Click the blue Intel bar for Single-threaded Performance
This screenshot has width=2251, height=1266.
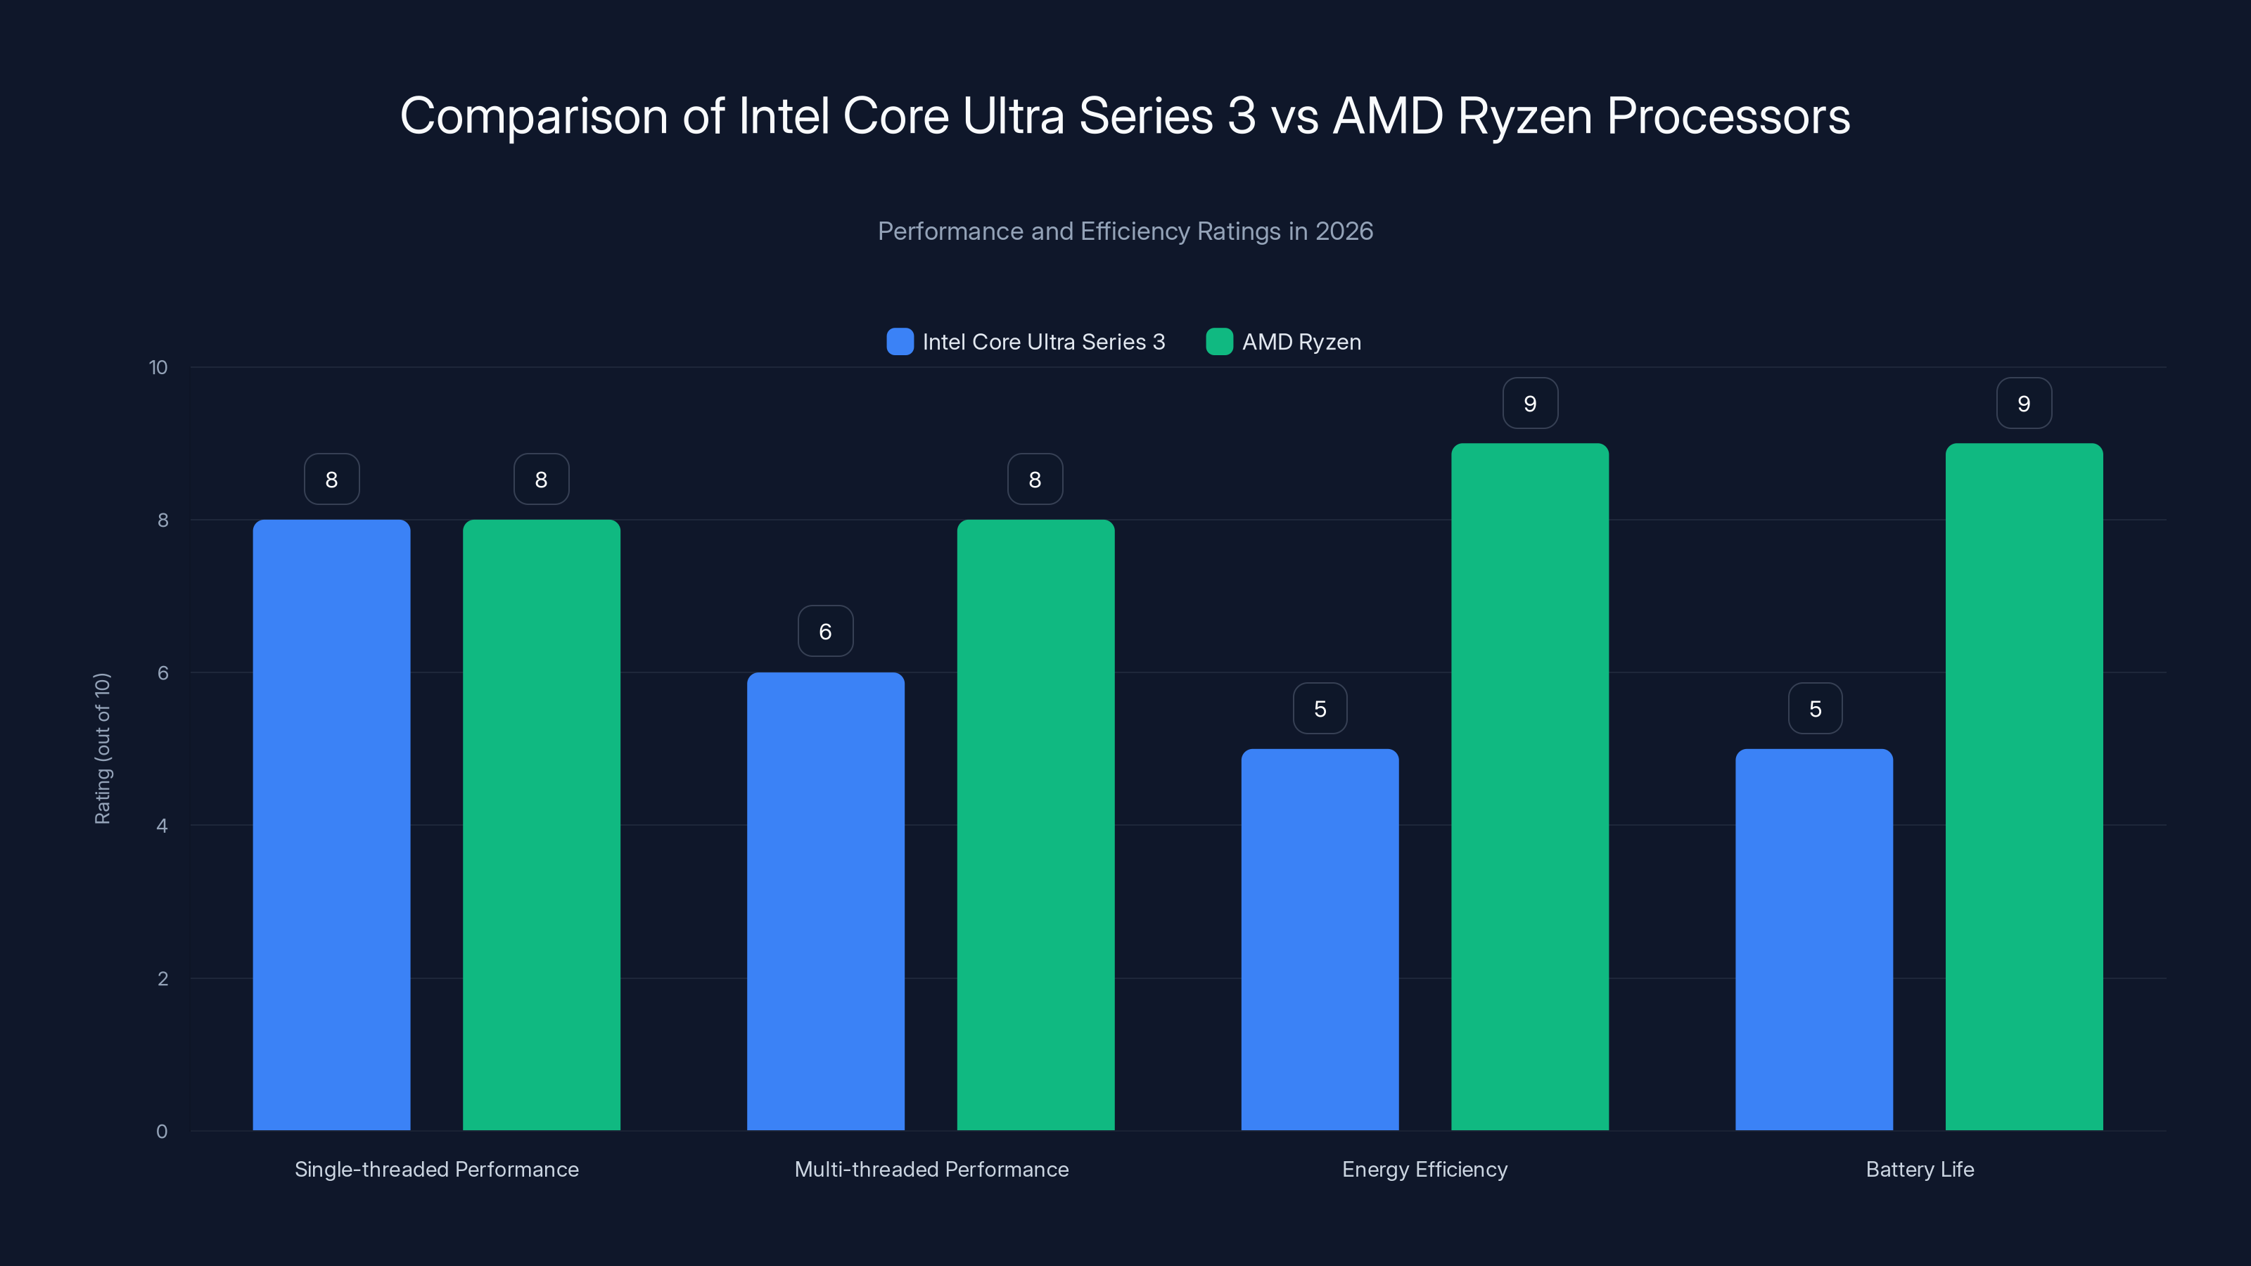pyautogui.click(x=331, y=825)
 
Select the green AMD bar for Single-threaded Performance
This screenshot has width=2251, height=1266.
pyautogui.click(x=541, y=825)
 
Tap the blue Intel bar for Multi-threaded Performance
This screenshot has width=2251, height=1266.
pyautogui.click(x=825, y=901)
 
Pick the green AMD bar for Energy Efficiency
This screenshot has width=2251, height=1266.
pyautogui.click(x=1529, y=786)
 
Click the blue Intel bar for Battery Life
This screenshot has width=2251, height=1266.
pyautogui.click(x=1814, y=939)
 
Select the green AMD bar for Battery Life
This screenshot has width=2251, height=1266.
pyautogui.click(x=2024, y=786)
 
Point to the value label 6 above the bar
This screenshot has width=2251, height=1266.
pyautogui.click(x=825, y=631)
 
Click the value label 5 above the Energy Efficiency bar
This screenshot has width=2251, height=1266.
pyautogui.click(x=1320, y=708)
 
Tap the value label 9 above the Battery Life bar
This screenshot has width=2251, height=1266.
pyautogui.click(x=2024, y=403)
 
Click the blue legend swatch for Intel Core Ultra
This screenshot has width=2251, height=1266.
pyautogui.click(x=899, y=342)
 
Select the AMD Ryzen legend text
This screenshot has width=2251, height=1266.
pyautogui.click(x=1301, y=342)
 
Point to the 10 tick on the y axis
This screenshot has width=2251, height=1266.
pyautogui.click(x=158, y=367)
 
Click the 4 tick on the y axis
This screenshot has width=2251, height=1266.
pyautogui.click(x=162, y=826)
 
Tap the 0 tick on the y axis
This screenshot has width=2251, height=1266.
pyautogui.click(x=162, y=1132)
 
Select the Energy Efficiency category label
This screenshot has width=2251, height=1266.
pyautogui.click(x=1424, y=1169)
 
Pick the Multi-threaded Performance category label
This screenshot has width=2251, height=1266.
pyautogui.click(x=931, y=1169)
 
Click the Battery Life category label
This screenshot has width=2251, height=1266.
pyautogui.click(x=1919, y=1169)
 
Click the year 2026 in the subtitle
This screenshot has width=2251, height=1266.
pyautogui.click(x=1344, y=231)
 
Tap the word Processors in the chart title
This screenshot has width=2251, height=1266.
pyautogui.click(x=1728, y=115)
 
